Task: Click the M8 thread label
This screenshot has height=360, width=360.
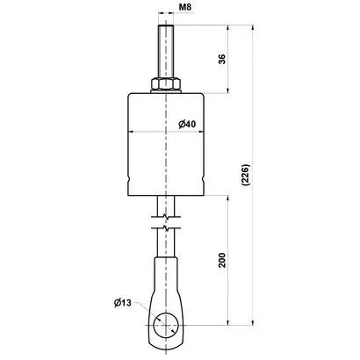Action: click(x=185, y=7)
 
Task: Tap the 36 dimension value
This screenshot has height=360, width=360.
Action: click(x=222, y=59)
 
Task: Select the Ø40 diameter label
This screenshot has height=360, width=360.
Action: click(x=187, y=124)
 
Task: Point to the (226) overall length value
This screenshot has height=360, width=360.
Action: click(x=245, y=175)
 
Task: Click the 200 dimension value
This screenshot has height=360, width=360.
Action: click(x=222, y=260)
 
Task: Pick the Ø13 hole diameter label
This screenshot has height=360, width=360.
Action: click(x=123, y=303)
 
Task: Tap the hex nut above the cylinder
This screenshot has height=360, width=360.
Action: click(x=166, y=83)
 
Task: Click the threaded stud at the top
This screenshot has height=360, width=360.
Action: click(x=166, y=52)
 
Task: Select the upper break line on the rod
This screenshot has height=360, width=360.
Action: click(x=166, y=217)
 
